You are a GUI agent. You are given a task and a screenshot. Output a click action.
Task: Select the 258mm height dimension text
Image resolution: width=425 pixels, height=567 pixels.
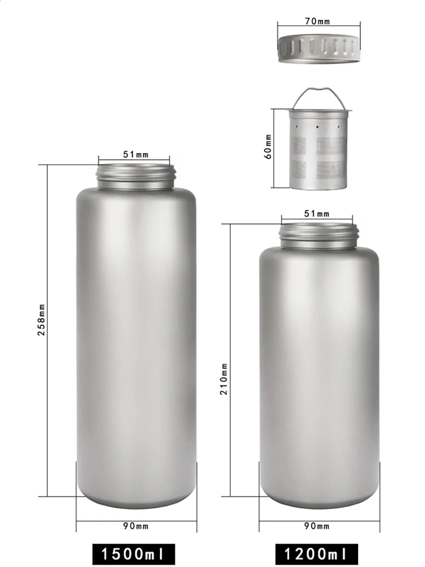[42, 320]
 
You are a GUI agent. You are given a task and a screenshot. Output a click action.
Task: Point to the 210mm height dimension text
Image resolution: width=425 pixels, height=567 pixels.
[224, 379]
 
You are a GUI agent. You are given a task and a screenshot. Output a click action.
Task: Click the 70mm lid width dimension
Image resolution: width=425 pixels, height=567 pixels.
[317, 21]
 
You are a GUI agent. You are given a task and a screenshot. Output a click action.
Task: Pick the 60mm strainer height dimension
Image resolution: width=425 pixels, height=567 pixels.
[268, 146]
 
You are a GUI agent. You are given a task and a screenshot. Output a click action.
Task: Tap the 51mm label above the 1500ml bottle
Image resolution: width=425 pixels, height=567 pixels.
[136, 154]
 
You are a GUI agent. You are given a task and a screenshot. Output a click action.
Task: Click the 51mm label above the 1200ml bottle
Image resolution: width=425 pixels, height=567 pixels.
[317, 214]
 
